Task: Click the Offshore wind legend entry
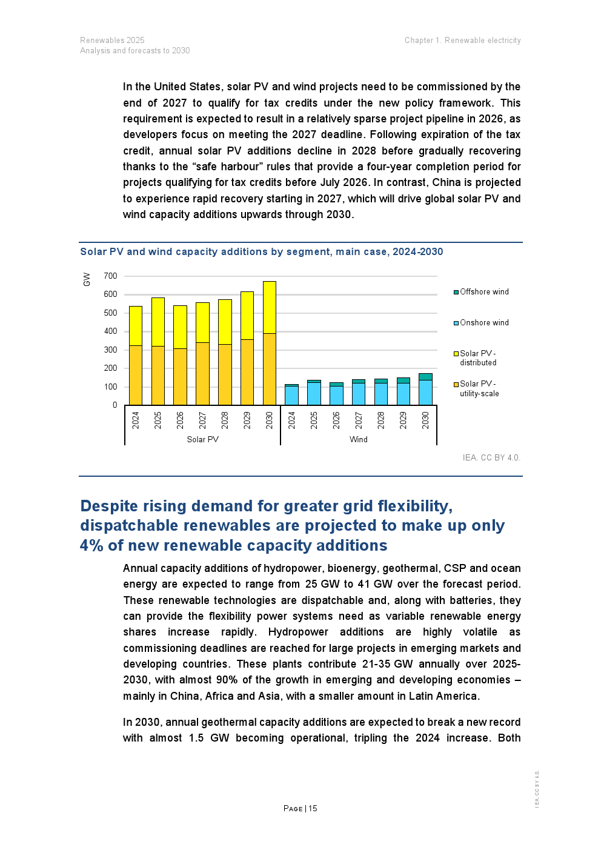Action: [x=484, y=292]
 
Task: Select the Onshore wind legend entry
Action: [x=484, y=323]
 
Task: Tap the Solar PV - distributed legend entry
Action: [x=477, y=358]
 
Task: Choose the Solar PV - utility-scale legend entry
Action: [x=479, y=389]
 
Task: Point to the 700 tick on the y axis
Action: [x=110, y=276]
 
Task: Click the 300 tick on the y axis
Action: [x=110, y=350]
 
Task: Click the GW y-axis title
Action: [x=87, y=279]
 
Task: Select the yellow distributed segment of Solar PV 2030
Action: [x=270, y=307]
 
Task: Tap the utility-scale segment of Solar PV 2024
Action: [x=136, y=375]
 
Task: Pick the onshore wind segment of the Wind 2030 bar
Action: [x=425, y=393]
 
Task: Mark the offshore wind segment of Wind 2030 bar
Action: [x=425, y=377]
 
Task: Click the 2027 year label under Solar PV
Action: [x=202, y=420]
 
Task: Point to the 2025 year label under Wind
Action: [x=314, y=420]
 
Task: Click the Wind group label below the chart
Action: [x=359, y=440]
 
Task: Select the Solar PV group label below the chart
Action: [x=202, y=440]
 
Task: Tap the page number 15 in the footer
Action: [x=313, y=809]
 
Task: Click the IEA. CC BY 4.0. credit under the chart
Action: [x=491, y=458]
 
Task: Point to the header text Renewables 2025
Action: [x=112, y=41]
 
